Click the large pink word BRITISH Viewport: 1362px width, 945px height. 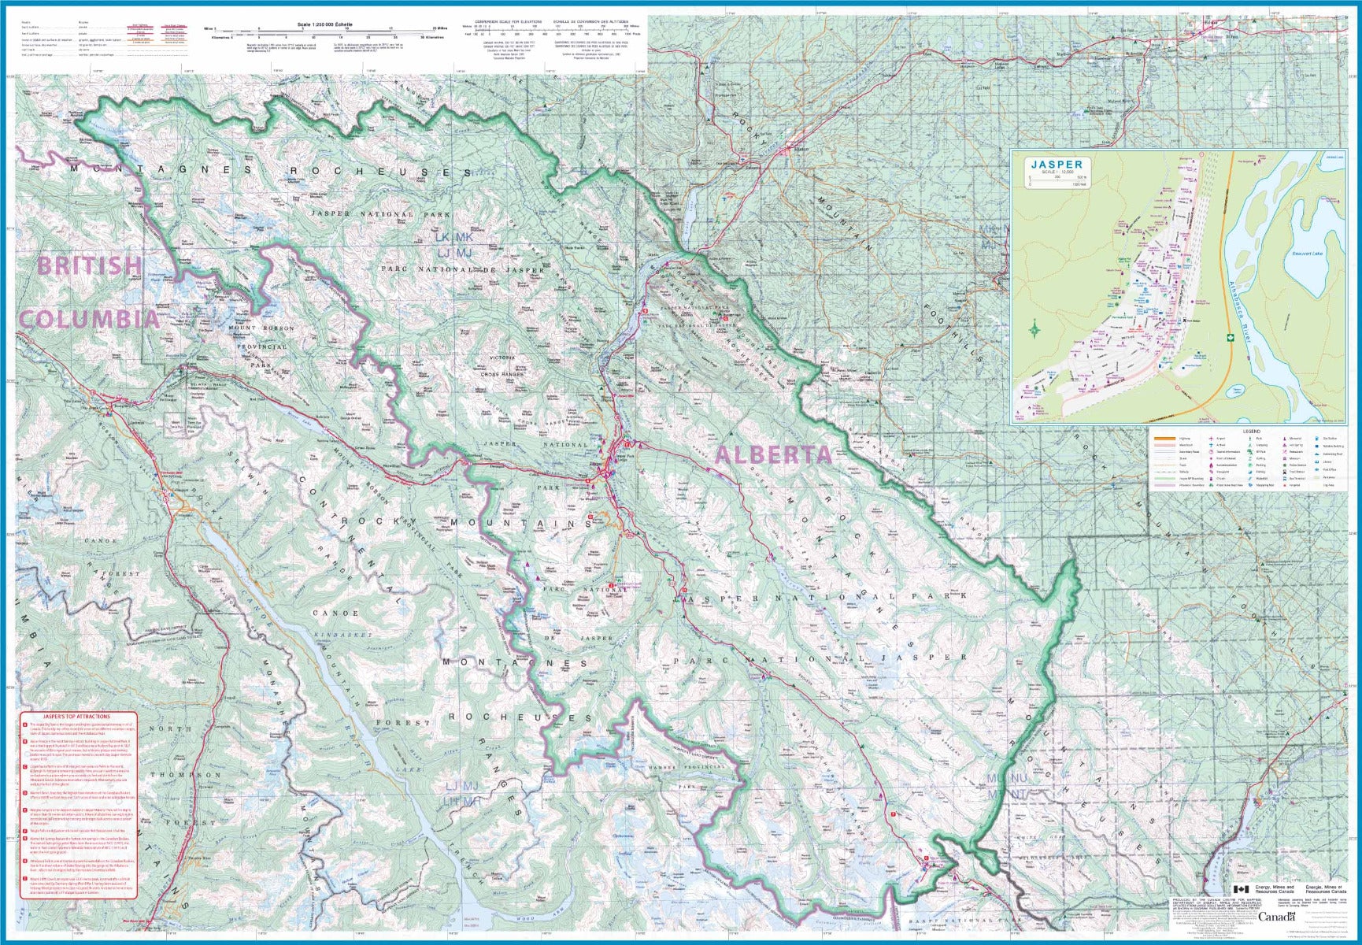(89, 265)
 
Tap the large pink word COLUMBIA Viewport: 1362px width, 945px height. (88, 319)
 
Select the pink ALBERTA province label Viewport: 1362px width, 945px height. (774, 454)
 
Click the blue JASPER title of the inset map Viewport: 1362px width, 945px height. (1057, 165)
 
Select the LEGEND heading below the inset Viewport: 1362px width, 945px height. (1251, 432)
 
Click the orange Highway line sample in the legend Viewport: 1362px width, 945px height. (1164, 439)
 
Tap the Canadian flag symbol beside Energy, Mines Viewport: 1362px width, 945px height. (1241, 889)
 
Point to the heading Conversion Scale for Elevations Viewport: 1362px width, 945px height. (509, 21)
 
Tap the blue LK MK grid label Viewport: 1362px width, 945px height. (457, 237)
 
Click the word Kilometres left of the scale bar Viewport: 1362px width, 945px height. (223, 37)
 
